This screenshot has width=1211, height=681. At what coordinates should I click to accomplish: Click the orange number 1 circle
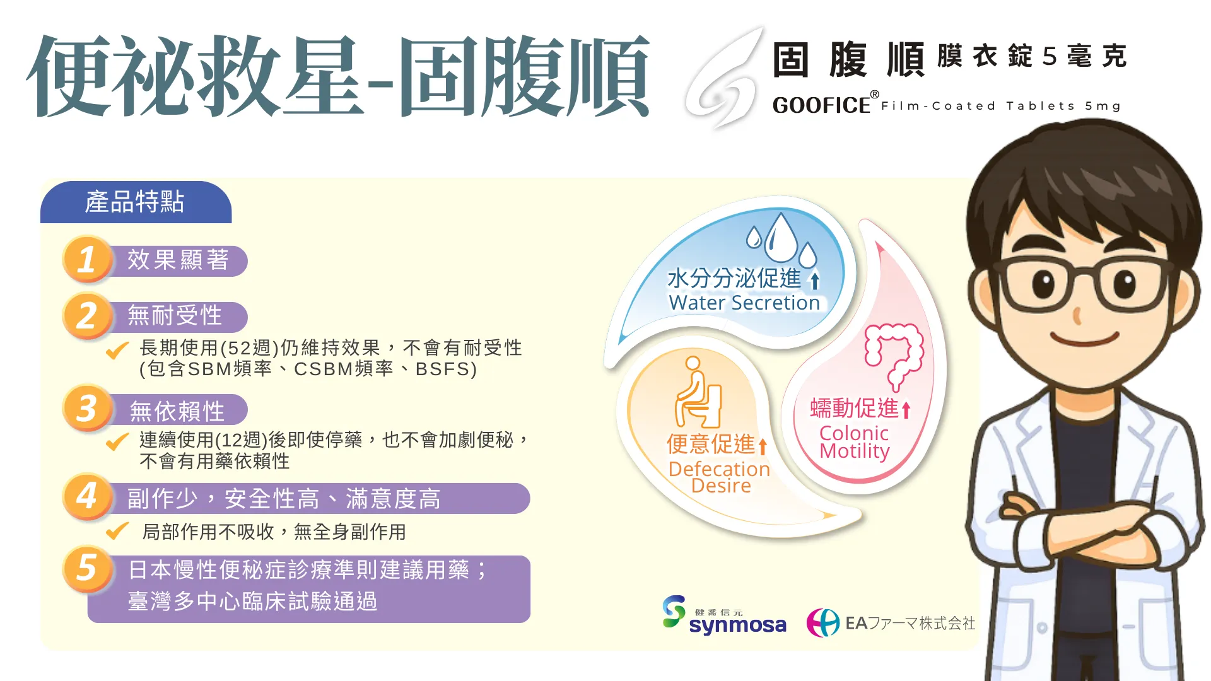(87, 259)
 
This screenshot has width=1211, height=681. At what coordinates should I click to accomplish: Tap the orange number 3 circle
(87, 408)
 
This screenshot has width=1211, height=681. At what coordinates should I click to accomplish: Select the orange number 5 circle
(87, 569)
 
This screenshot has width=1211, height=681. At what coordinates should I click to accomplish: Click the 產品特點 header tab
(136, 202)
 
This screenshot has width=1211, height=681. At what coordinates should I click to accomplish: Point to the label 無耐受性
(175, 315)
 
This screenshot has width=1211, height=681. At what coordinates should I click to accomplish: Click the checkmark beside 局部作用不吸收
(117, 532)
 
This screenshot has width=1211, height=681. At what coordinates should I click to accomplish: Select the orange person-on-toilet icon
(698, 392)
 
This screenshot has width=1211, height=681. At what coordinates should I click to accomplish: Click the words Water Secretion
(744, 303)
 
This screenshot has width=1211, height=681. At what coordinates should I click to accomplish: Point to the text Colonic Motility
(854, 442)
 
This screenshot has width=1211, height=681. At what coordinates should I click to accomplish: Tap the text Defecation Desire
(720, 477)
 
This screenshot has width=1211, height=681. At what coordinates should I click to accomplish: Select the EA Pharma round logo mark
(823, 623)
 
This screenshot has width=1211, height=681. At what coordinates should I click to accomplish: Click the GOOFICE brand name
(821, 105)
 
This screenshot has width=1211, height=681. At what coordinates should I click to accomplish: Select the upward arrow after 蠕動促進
(906, 410)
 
